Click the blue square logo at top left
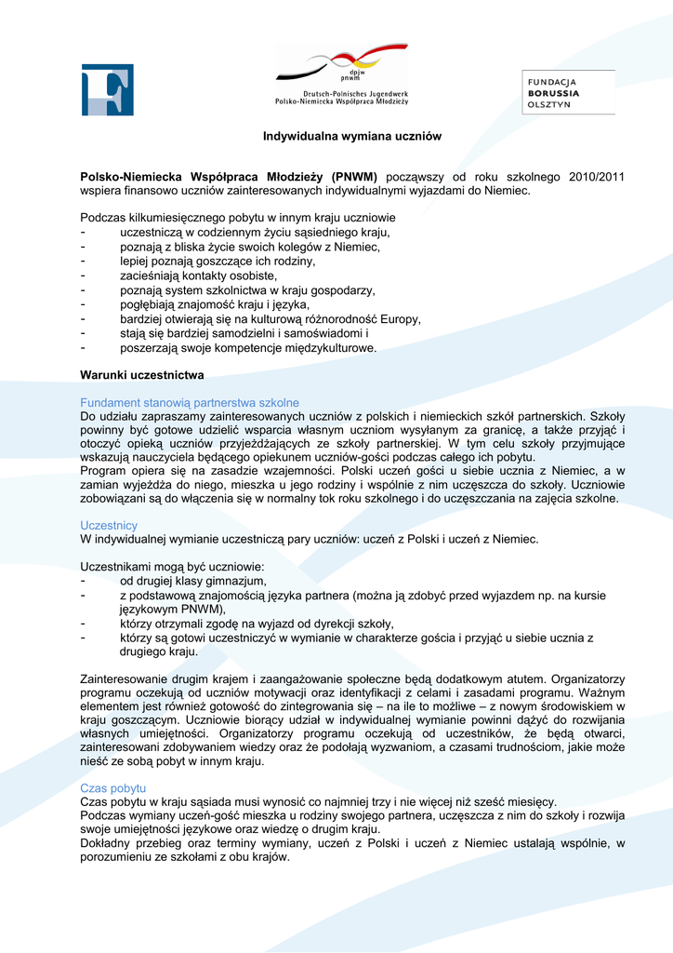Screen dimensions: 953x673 point(108,89)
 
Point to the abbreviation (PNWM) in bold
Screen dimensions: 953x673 point(354,176)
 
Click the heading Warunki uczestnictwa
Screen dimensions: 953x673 point(142,375)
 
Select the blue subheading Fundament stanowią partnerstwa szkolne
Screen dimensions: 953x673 point(190,402)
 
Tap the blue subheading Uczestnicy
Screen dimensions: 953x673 point(109,525)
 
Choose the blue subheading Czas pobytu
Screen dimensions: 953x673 point(113,787)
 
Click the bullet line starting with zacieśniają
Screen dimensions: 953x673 point(198,275)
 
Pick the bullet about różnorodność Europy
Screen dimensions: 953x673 point(271,318)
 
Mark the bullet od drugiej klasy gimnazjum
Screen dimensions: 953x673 point(192,581)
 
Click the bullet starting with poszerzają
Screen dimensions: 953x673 point(248,347)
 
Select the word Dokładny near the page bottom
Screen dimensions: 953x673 point(107,843)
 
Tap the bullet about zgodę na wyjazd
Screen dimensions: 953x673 point(257,624)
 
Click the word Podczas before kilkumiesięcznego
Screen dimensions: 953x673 point(103,218)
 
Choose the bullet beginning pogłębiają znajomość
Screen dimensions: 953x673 point(215,304)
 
